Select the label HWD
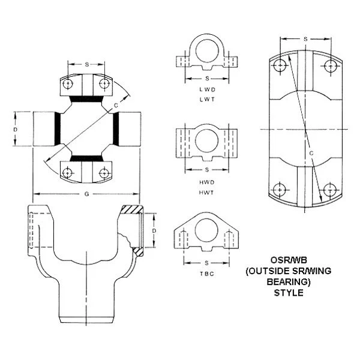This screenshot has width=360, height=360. coord(207,181)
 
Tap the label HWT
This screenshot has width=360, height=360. coord(207,191)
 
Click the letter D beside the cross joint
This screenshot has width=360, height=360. coord(16,128)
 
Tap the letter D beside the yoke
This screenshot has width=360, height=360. coord(154,230)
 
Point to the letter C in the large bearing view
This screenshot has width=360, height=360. coord(311,154)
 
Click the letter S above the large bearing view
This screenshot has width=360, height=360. coord(305,39)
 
